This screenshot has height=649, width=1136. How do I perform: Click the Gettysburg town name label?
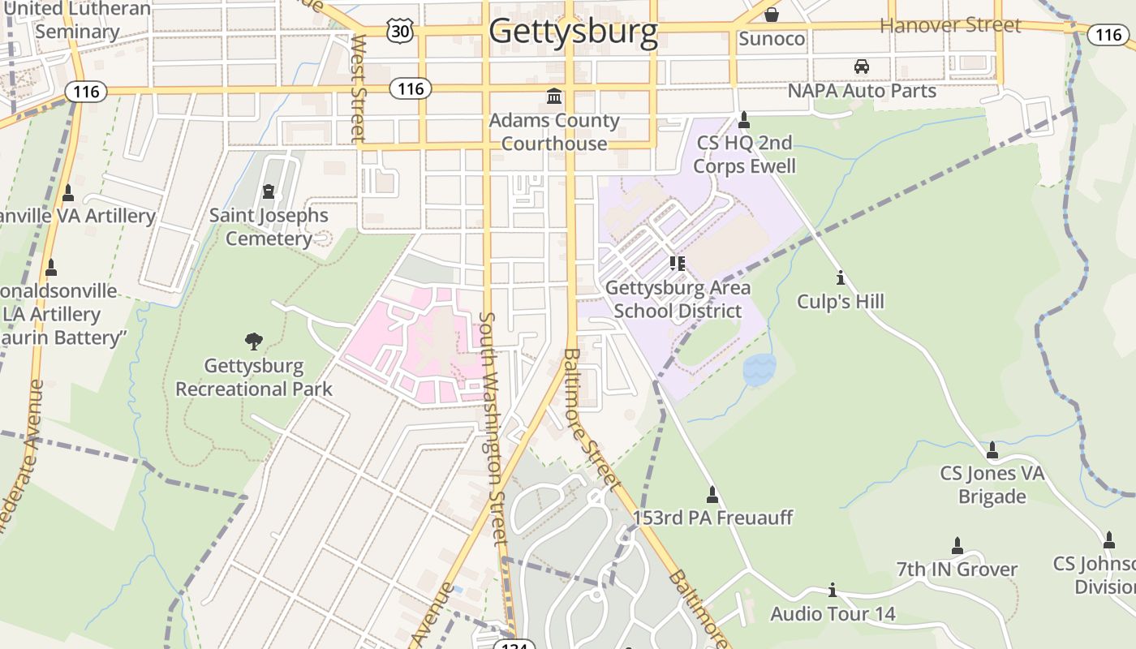pos(573,31)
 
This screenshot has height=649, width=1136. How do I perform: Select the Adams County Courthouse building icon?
pos(554,97)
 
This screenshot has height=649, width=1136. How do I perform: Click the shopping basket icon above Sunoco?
pos(771,15)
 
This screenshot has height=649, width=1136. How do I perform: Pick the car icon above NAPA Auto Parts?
pos(861,67)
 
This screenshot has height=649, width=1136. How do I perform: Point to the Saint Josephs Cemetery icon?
pos(269,192)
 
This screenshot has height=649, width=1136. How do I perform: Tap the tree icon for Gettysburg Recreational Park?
pos(254,342)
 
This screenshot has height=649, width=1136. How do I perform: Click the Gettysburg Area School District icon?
pos(678,263)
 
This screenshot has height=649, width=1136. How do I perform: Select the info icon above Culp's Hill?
pos(840,278)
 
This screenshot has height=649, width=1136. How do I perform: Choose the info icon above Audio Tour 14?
pos(832,590)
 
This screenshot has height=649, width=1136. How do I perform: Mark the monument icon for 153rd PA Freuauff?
pos(712,494)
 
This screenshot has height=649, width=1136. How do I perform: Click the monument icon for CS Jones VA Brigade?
pos(992,449)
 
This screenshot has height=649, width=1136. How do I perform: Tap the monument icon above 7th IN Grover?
pos(957,545)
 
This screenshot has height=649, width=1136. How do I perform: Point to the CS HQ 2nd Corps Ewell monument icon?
pos(744,120)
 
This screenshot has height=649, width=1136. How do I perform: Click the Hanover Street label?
pos(950,25)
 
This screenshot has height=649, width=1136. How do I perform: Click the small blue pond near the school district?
pos(759,369)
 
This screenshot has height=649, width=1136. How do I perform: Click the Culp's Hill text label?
pos(840,302)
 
